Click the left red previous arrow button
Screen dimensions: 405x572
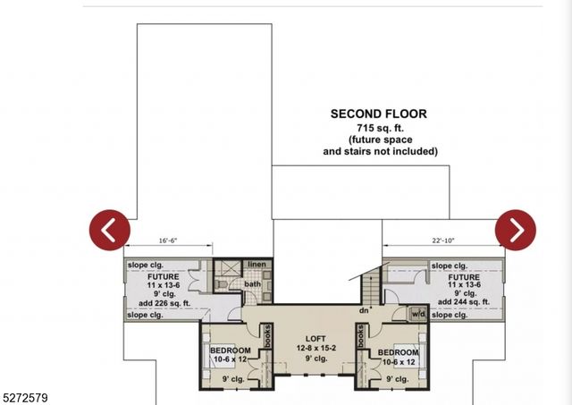pyautogui.click(x=109, y=230)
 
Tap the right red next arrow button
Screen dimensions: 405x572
pyautogui.click(x=516, y=230)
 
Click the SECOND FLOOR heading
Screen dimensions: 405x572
pyautogui.click(x=378, y=114)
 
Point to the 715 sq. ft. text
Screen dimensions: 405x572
pyautogui.click(x=380, y=130)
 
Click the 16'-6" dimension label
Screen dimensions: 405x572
pyautogui.click(x=169, y=240)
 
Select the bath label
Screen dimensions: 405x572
pyautogui.click(x=252, y=284)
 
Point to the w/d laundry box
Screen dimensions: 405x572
pyautogui.click(x=417, y=314)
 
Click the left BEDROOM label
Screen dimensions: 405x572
pyautogui.click(x=231, y=351)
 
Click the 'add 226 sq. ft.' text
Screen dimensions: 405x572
pyautogui.click(x=163, y=301)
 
